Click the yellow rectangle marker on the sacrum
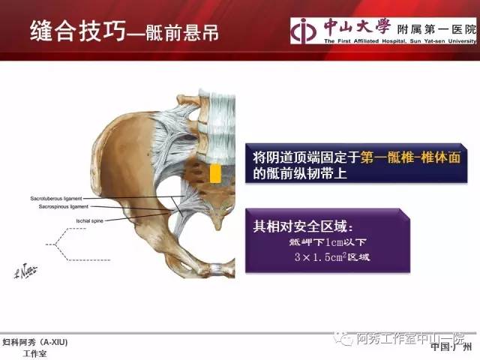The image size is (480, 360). tap(215, 174)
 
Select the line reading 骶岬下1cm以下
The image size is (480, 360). tap(325, 242)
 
